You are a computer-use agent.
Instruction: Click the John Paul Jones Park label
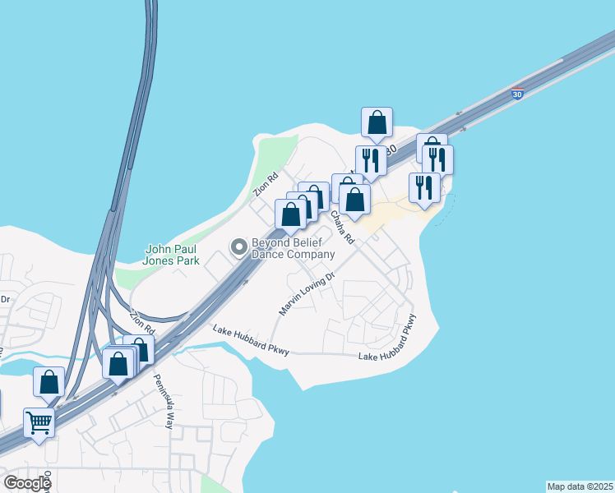(172, 255)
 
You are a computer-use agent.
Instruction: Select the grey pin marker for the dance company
(239, 246)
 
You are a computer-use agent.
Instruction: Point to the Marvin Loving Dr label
(307, 294)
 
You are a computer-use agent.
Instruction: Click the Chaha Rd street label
(342, 227)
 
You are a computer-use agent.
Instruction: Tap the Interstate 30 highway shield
(517, 95)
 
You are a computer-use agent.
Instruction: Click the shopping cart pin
(39, 424)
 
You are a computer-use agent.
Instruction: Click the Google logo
(27, 482)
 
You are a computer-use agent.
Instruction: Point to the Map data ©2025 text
(580, 486)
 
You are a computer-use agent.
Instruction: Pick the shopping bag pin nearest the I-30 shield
(377, 123)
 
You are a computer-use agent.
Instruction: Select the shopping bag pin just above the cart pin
(49, 382)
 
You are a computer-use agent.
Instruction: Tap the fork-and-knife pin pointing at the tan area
(424, 188)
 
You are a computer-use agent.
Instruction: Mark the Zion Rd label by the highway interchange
(143, 320)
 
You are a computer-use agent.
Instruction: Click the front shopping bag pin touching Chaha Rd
(354, 200)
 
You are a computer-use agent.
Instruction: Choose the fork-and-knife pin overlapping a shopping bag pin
(437, 159)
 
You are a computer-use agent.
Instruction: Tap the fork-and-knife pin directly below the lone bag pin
(371, 161)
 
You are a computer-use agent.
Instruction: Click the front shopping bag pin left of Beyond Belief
(290, 215)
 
